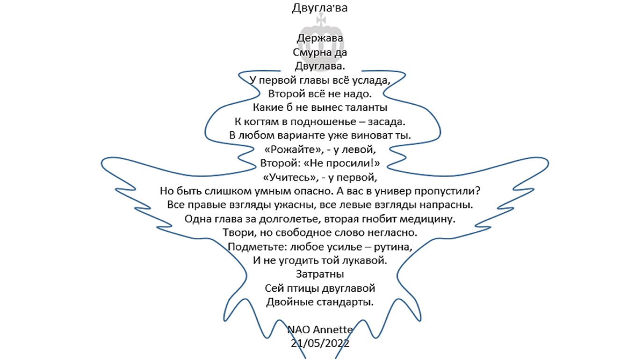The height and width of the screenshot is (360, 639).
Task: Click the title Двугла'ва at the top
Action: (x=319, y=8)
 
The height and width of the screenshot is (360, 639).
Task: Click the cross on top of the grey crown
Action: (x=321, y=19)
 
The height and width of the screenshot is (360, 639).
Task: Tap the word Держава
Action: (x=320, y=38)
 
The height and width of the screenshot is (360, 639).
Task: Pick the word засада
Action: (x=386, y=122)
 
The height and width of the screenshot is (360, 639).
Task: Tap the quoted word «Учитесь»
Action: (x=290, y=178)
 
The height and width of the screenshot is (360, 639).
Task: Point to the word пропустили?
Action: (x=447, y=191)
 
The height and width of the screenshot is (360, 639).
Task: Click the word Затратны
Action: (x=320, y=274)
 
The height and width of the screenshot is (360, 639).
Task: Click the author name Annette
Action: (x=333, y=330)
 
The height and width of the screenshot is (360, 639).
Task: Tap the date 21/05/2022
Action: (x=320, y=343)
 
